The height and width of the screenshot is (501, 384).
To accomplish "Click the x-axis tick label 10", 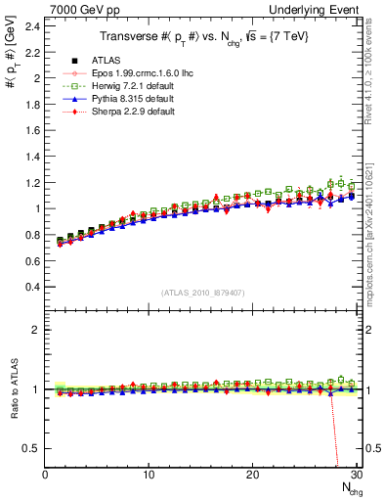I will coord(149,475).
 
